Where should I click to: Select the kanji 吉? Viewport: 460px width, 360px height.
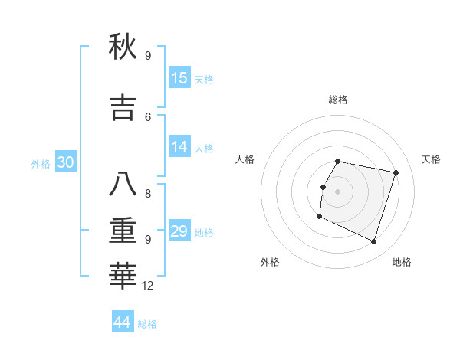coord(123,108)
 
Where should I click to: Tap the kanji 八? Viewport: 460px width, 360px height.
coord(123,185)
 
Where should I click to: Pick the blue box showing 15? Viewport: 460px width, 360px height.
coord(179,78)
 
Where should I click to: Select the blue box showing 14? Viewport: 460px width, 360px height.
coord(179,148)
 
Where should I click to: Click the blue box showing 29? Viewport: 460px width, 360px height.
coord(179,231)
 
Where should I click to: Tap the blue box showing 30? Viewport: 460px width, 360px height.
coord(65,162)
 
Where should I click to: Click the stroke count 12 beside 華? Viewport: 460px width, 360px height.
coord(148,286)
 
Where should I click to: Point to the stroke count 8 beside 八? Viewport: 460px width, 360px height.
coord(148,193)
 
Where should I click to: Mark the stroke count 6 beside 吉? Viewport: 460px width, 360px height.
coord(148,116)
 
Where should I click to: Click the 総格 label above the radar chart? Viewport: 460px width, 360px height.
coord(338,100)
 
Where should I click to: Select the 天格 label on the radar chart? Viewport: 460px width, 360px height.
coord(432,159)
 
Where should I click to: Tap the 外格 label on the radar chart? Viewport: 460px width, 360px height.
coord(270,262)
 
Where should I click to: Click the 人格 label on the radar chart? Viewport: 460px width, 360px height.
coord(245,159)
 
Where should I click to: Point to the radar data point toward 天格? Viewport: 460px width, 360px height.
coord(396,172)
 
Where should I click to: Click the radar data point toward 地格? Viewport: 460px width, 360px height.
coord(373,241)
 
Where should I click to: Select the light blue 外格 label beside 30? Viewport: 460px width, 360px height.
coord(41,163)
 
